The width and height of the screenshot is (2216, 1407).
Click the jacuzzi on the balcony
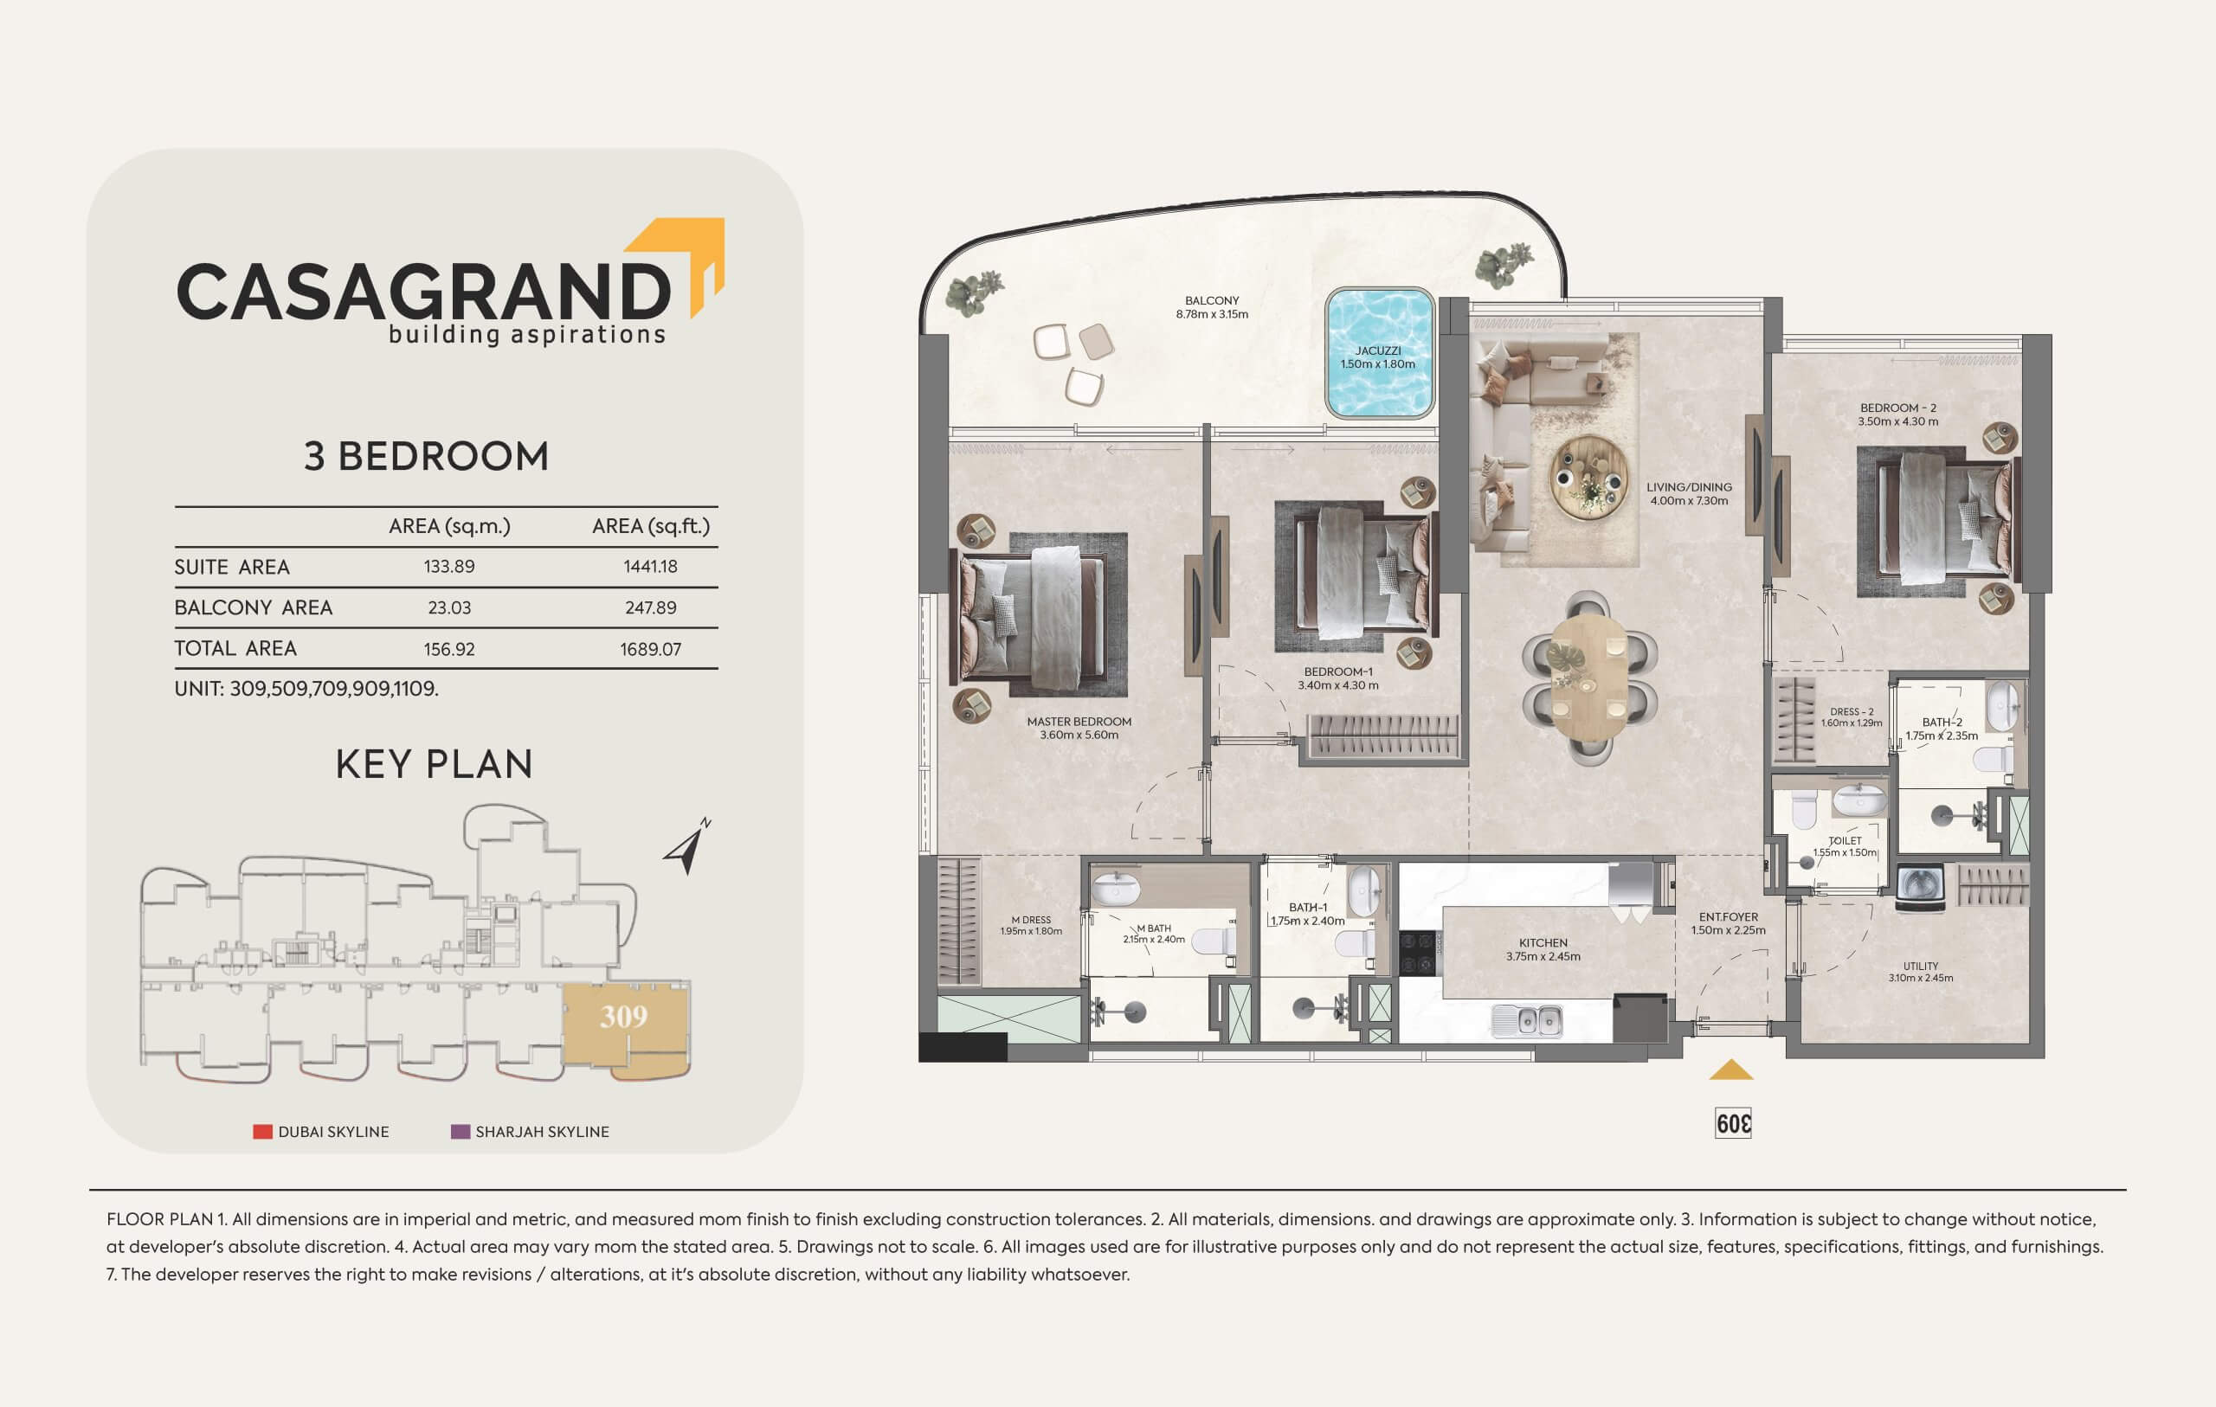coord(1380,353)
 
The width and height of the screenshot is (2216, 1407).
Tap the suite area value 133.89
coord(449,567)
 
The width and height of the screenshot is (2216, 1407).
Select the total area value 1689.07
coord(651,649)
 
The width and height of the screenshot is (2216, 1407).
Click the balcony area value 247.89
coord(651,607)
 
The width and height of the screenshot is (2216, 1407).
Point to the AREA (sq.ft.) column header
coord(651,526)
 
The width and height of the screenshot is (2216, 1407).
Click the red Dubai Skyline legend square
coord(262,1132)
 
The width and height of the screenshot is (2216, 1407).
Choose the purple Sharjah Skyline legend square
coord(461,1132)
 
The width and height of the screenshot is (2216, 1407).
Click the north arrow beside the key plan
coord(686,846)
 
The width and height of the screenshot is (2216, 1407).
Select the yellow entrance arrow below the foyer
coord(1731,1070)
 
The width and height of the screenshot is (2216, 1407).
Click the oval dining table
coord(1589,678)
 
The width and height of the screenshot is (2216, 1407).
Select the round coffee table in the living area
coord(1588,477)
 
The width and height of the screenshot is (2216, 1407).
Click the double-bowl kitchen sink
coord(1528,1020)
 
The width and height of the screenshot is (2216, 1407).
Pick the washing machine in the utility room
coord(1921,886)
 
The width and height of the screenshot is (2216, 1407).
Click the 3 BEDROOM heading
coord(426,456)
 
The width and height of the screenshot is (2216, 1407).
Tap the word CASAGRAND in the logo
coord(423,292)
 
